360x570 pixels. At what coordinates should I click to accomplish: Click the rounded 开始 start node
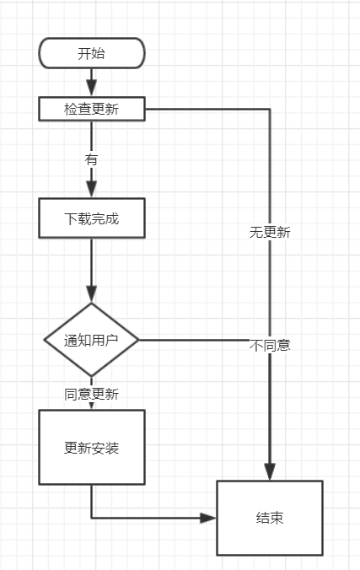(92, 54)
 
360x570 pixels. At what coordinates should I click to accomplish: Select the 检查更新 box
(92, 109)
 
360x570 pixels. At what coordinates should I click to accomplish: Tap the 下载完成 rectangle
(92, 218)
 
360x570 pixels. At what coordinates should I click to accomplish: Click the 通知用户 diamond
(92, 340)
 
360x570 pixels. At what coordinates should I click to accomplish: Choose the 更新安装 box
(92, 447)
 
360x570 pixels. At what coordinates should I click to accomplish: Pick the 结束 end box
(270, 518)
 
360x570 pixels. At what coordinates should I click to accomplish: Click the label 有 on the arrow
(91, 159)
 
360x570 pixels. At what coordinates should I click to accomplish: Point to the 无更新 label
(270, 232)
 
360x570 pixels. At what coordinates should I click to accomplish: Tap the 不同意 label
(270, 345)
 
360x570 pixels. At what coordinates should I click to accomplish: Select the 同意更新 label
(92, 394)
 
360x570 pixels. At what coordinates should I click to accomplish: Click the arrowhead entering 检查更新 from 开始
(92, 89)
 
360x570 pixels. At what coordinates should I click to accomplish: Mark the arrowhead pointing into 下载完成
(92, 191)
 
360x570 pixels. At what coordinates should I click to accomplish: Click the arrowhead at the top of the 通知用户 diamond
(92, 295)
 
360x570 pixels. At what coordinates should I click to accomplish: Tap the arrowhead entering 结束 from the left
(209, 518)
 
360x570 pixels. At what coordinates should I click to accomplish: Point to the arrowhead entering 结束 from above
(270, 472)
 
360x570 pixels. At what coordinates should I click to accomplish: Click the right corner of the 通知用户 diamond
(138, 340)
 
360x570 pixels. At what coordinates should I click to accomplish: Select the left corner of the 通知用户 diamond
(45, 340)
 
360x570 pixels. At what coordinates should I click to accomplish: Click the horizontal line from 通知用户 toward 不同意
(194, 340)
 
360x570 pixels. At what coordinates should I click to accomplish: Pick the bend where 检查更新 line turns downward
(270, 109)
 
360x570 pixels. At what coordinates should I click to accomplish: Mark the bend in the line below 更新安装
(92, 518)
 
